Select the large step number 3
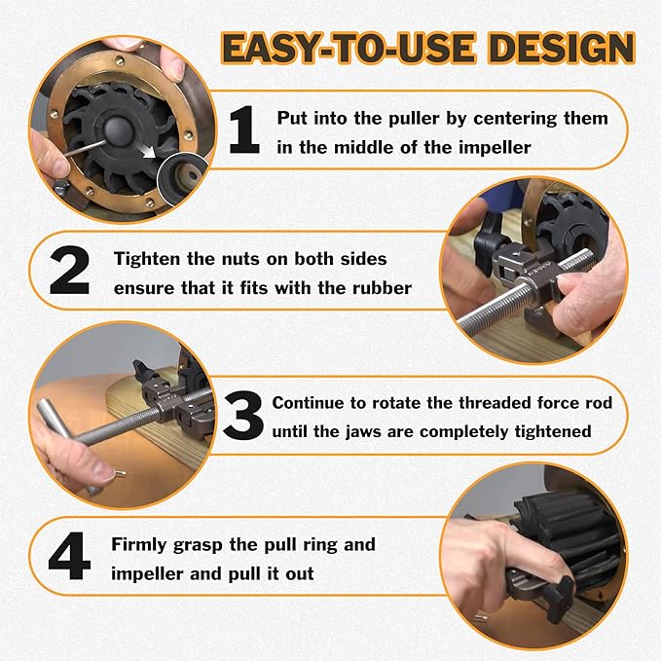point(242,416)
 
